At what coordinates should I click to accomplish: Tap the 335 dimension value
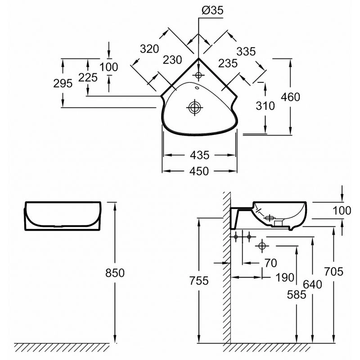[x=245, y=52]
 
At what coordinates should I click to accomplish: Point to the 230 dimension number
[x=173, y=60]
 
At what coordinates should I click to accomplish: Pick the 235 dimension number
[x=227, y=63]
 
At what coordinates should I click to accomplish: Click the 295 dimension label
[x=63, y=83]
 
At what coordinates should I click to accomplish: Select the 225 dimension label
[x=88, y=77]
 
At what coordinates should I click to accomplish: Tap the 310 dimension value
[x=265, y=106]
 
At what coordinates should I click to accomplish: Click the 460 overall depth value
[x=290, y=96]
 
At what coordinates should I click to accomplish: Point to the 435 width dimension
[x=199, y=155]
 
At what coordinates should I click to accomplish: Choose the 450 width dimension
[x=199, y=171]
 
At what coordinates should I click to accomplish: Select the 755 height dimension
[x=198, y=281]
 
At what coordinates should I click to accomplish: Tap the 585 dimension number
[x=296, y=295]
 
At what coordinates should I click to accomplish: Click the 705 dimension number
[x=333, y=271]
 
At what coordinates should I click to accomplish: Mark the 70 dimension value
[x=270, y=263]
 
